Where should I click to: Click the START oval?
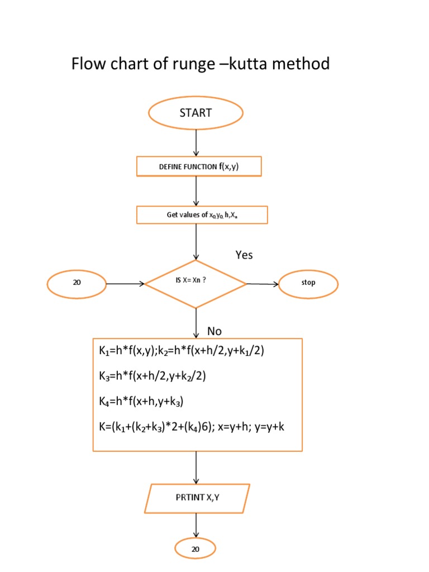click(x=196, y=113)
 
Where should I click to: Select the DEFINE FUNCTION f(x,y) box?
click(x=198, y=166)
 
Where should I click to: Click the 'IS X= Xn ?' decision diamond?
click(x=196, y=284)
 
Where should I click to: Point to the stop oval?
click(x=308, y=283)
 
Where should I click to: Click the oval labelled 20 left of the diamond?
click(x=77, y=283)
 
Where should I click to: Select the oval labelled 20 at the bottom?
click(x=196, y=550)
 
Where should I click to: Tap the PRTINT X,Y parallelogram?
click(x=197, y=498)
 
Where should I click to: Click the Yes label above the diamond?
click(x=244, y=255)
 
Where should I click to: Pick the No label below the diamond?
click(x=214, y=331)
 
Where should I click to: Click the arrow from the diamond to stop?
click(x=263, y=284)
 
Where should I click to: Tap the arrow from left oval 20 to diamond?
click(x=125, y=284)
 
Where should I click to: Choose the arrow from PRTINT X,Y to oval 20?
click(x=196, y=525)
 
